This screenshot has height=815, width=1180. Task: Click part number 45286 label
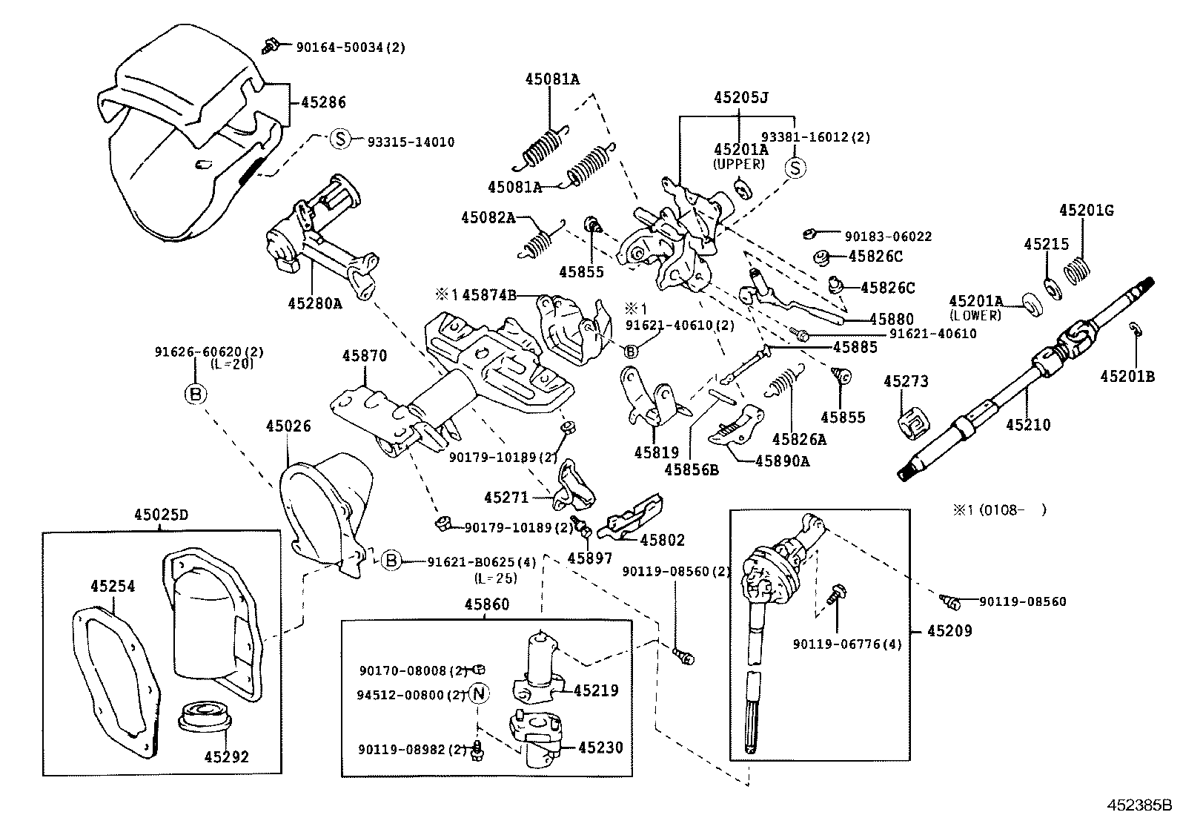pos(323,103)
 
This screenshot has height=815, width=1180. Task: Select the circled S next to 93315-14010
pos(339,139)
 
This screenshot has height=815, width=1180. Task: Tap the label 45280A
pos(314,303)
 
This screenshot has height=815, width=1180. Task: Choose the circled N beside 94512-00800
pos(480,694)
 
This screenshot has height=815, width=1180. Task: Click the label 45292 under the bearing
pos(227,757)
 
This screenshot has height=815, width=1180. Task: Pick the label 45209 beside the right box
pos(949,631)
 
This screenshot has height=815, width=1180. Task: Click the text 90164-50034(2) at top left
pos(351,47)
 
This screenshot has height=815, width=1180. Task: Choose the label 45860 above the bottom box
pos(487,604)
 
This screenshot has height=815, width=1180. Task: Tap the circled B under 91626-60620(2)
pos(196,394)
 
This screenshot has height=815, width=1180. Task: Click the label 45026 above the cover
pos(288,426)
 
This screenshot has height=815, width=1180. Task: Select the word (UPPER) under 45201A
pos(738,164)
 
